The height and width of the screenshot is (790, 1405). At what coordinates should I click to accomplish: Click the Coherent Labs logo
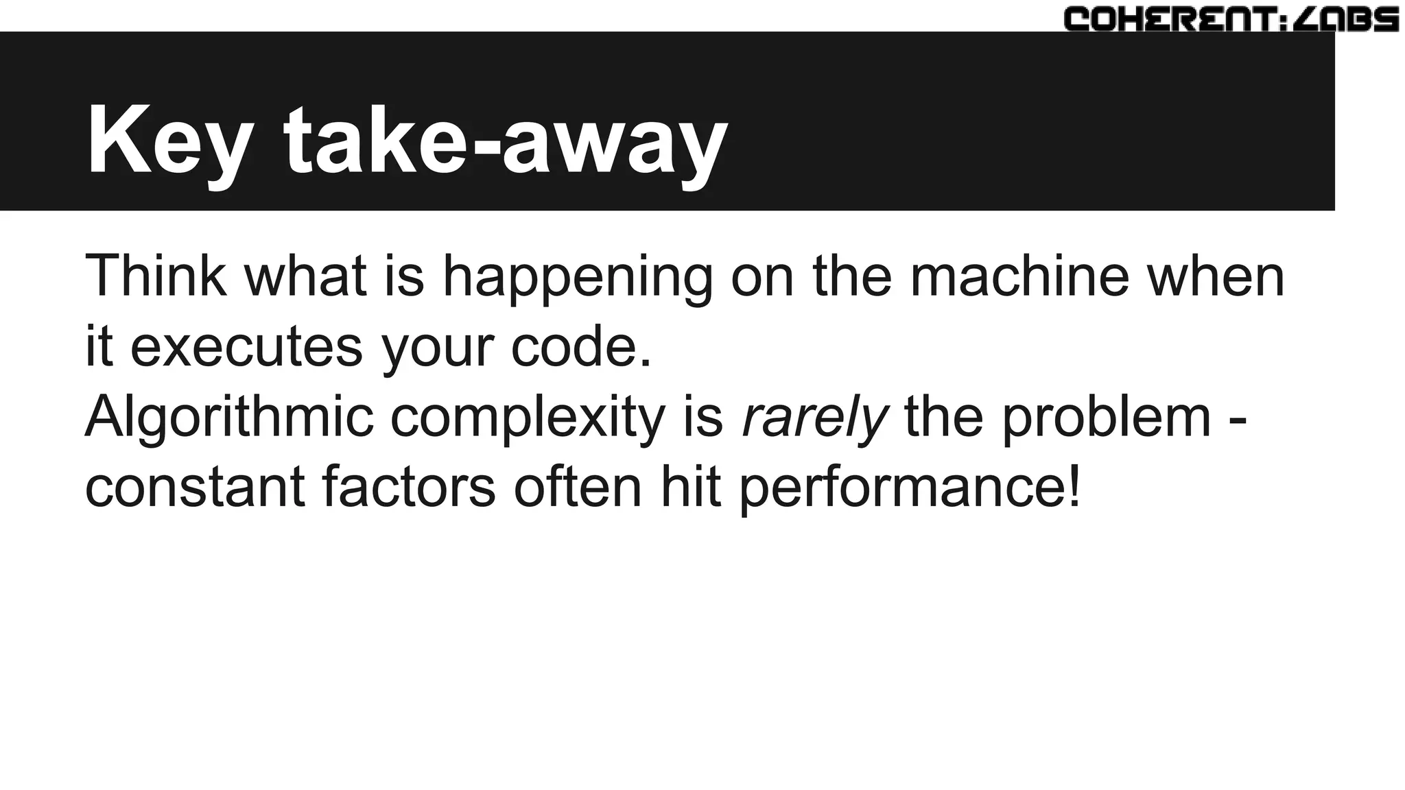pos(1231,19)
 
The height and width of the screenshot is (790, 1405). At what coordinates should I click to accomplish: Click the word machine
pos(1019,276)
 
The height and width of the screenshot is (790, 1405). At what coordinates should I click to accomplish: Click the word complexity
pos(528,418)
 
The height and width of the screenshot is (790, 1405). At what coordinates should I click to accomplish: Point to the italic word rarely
pos(815,418)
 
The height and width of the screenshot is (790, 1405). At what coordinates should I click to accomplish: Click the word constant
pos(195,488)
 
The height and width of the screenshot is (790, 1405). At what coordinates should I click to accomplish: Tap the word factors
pos(408,488)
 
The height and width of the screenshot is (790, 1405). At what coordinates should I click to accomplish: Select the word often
pos(578,488)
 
